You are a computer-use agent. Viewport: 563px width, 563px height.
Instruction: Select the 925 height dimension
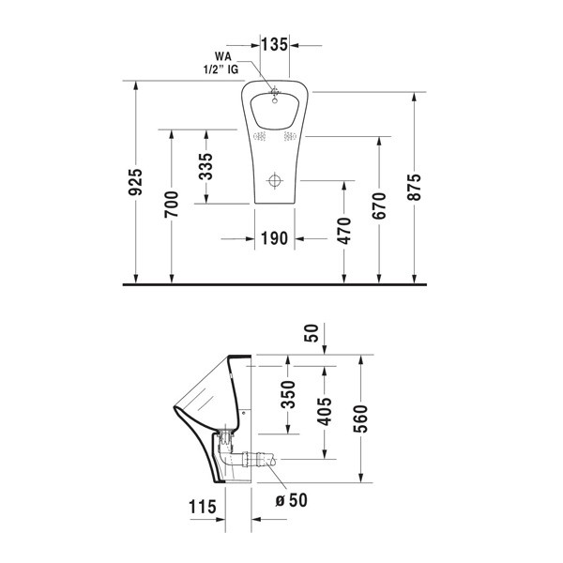[x=136, y=182]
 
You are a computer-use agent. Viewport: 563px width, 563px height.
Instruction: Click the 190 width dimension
[x=273, y=238]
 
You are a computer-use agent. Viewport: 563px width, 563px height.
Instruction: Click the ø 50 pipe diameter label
[x=293, y=500]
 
